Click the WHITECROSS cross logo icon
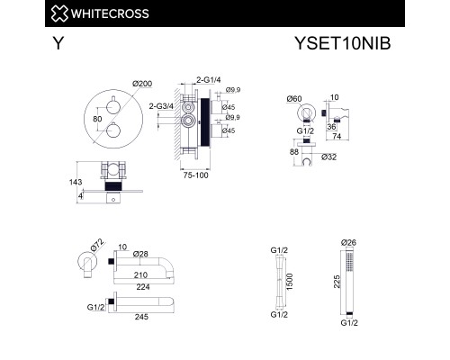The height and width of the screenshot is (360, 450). point(59,13)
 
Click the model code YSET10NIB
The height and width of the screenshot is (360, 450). point(343,43)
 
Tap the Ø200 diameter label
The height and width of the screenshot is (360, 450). point(142,84)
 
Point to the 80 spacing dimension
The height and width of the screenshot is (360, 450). point(97,119)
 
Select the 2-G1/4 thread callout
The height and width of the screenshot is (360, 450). point(209,80)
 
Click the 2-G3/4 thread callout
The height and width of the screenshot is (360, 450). point(161,106)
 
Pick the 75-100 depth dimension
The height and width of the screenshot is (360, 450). point(195,175)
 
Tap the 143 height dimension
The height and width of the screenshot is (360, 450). point(76,182)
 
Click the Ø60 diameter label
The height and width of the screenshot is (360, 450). point(294,99)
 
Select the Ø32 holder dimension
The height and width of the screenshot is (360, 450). point(328,157)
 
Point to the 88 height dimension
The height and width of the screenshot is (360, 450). point(294,152)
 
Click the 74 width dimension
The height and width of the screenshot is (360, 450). point(337,136)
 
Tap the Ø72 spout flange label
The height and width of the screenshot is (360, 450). point(97,245)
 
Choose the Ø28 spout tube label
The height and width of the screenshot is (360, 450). point(140,254)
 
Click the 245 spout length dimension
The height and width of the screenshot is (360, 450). point(141,317)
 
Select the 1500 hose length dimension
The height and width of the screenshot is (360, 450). point(290,282)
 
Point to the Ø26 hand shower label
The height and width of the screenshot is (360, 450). point(348,242)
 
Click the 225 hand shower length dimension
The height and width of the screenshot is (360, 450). point(337,282)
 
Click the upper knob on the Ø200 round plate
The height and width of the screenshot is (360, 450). point(113,106)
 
